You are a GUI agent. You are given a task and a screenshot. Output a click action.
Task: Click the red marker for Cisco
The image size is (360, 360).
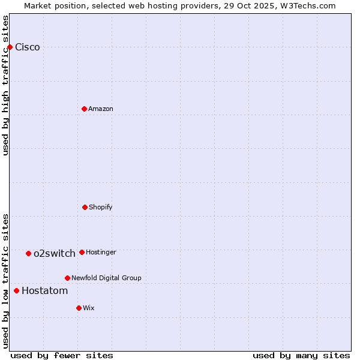[x=10, y=47]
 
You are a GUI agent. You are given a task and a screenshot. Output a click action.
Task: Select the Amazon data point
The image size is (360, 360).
[x=84, y=109]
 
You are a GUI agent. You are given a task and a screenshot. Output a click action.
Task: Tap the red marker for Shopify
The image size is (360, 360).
[x=85, y=207]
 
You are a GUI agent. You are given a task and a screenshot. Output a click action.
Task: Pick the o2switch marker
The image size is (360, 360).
[x=28, y=253]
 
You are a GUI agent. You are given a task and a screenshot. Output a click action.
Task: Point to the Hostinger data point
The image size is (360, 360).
[x=82, y=252]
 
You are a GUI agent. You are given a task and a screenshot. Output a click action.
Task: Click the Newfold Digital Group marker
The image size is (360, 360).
[x=67, y=278]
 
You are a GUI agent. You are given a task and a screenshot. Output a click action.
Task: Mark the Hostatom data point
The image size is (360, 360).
[x=16, y=290]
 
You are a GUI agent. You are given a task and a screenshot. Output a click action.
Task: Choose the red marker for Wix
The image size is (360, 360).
[x=79, y=308]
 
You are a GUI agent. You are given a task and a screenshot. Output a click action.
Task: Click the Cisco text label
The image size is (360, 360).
[x=28, y=47]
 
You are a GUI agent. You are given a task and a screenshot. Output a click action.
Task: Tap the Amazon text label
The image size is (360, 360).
[x=101, y=109]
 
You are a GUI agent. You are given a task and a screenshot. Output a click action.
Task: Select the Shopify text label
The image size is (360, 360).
[x=101, y=207]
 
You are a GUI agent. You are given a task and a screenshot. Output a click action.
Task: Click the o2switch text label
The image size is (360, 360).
[x=55, y=253]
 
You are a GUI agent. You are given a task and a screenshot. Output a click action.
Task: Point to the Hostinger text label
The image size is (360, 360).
[x=101, y=252]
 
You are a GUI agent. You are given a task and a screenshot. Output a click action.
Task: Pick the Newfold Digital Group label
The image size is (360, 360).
[x=106, y=278]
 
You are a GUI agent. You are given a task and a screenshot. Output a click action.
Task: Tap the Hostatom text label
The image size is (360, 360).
[x=45, y=291]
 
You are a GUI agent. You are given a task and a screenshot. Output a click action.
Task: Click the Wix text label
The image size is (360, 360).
[x=89, y=308]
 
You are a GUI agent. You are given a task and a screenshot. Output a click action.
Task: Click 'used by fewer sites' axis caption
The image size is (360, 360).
[x=62, y=355]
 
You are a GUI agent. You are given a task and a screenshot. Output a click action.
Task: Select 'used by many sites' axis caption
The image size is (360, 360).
[x=301, y=355]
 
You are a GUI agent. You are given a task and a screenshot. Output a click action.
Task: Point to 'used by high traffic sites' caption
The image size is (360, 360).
[x=5, y=85]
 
